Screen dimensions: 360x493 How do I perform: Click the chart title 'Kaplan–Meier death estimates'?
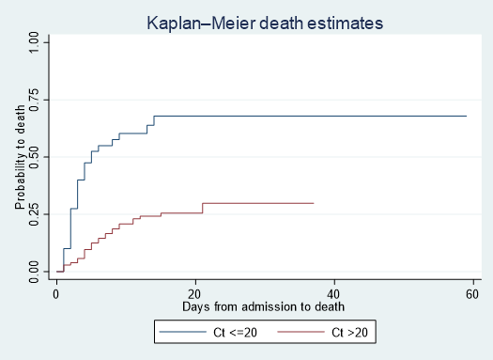265,23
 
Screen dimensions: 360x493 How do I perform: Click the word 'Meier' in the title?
241,23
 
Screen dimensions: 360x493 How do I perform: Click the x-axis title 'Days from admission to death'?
265,306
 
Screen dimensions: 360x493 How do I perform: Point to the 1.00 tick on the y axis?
34,40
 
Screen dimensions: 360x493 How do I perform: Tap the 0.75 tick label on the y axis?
34,99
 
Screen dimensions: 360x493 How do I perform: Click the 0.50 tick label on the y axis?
34,156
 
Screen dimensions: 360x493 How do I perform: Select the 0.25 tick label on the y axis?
34,214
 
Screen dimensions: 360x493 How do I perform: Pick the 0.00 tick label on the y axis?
34,272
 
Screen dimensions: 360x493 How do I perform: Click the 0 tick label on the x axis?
56,293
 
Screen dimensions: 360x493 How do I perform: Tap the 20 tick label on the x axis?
195,293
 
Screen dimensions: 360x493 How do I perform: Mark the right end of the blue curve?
466,116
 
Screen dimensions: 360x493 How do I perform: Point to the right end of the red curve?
313,203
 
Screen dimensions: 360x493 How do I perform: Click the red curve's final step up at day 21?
202,208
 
